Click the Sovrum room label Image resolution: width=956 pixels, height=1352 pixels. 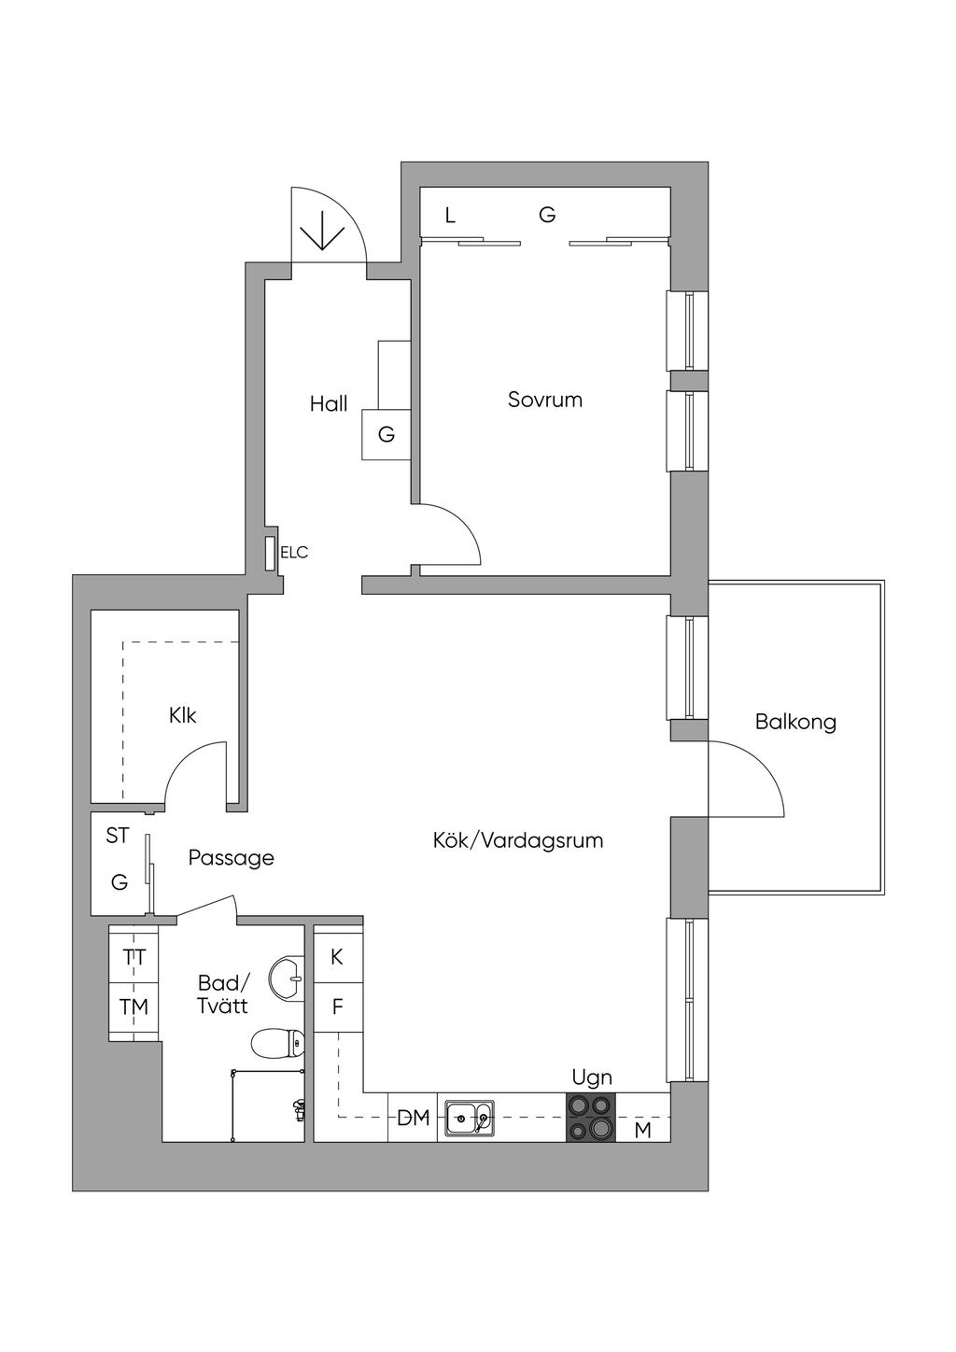[x=545, y=400]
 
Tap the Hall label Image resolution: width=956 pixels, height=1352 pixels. [x=329, y=403]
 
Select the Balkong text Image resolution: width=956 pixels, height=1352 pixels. [x=795, y=722]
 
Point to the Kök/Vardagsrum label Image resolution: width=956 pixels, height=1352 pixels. [x=518, y=840]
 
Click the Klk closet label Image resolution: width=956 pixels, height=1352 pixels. [x=183, y=715]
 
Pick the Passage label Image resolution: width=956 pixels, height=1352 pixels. [x=232, y=857]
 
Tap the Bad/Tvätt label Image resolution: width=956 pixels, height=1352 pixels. [x=223, y=994]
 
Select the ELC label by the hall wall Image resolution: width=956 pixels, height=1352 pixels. [x=294, y=553]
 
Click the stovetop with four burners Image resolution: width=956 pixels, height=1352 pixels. [x=591, y=1117]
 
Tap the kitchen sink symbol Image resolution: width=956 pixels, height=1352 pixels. [x=470, y=1117]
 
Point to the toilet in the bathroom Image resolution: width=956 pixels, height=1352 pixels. [x=278, y=1042]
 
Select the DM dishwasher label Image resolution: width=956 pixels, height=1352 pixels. [x=414, y=1118]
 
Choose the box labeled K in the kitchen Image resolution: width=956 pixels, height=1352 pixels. [x=337, y=957]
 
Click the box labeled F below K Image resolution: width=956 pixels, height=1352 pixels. [x=337, y=1007]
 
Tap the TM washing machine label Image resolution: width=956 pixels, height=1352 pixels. [x=134, y=1007]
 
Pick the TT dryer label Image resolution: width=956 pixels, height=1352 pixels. [x=134, y=957]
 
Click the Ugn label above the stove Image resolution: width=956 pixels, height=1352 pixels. [x=592, y=1077]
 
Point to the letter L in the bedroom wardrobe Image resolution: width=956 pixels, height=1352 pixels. [x=450, y=217]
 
